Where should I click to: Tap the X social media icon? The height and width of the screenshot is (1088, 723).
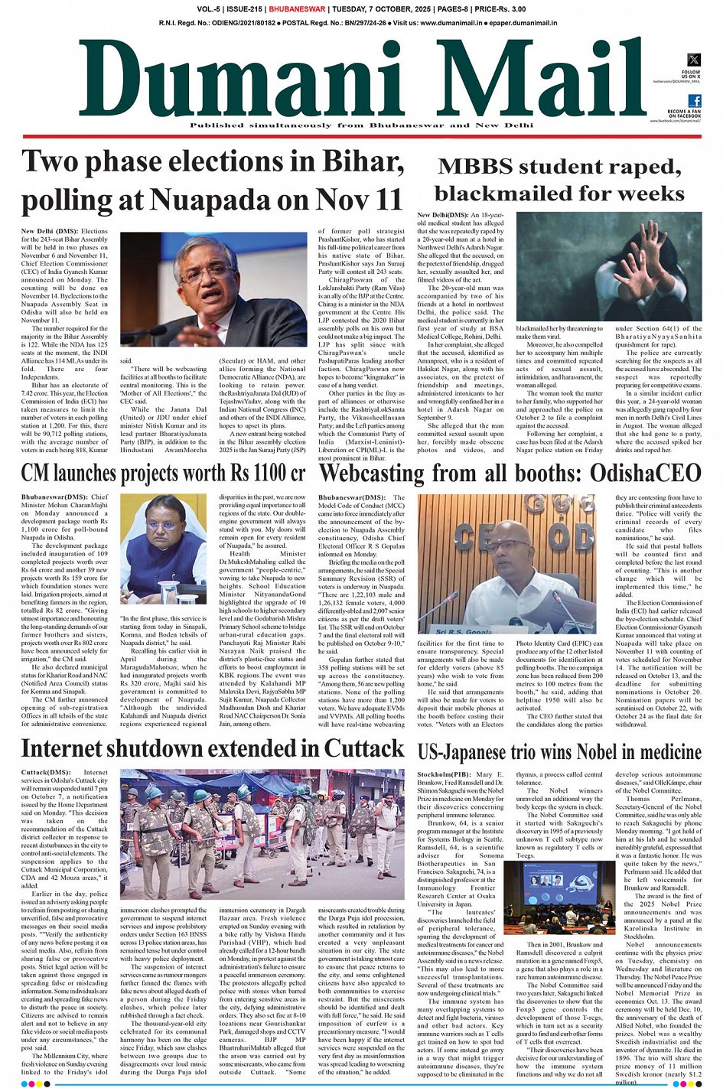coord(693,60)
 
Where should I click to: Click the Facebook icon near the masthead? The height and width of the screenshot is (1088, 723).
coord(694,101)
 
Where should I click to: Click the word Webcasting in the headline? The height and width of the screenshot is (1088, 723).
coord(383,474)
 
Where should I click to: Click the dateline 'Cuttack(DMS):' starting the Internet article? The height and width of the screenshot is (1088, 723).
coord(46,772)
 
